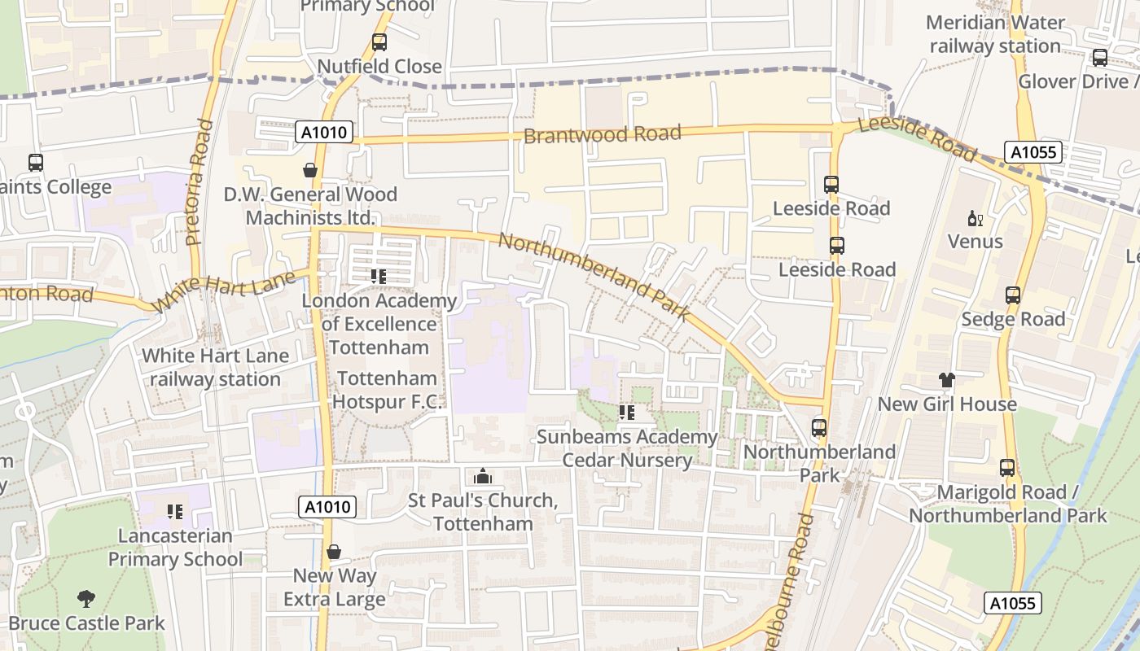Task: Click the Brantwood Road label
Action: click(x=602, y=133)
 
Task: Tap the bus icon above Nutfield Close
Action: click(x=379, y=42)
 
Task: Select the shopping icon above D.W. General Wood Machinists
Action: click(x=310, y=170)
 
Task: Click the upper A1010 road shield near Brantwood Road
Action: click(x=324, y=132)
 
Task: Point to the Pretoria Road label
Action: click(x=199, y=182)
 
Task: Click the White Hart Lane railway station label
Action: click(x=215, y=368)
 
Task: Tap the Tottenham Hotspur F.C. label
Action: click(x=388, y=390)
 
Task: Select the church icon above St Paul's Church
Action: click(x=483, y=476)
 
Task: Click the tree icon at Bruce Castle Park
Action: click(x=86, y=600)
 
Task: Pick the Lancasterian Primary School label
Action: click(x=175, y=547)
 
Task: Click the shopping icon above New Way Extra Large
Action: click(x=334, y=552)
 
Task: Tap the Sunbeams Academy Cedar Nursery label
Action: click(x=627, y=448)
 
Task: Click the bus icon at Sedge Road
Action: click(x=1013, y=295)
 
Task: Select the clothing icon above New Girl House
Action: click(x=946, y=380)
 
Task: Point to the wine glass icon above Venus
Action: click(x=976, y=218)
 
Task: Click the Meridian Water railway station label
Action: click(x=995, y=34)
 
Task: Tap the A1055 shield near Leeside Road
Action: click(x=1033, y=152)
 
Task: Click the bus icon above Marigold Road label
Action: click(x=1007, y=468)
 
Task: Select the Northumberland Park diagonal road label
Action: click(x=594, y=275)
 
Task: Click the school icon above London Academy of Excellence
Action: click(x=379, y=277)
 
